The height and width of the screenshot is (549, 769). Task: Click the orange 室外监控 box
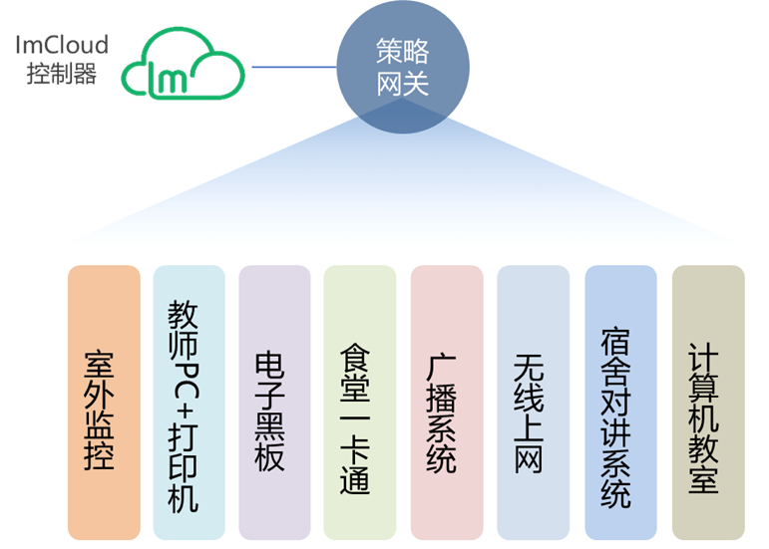(x=104, y=403)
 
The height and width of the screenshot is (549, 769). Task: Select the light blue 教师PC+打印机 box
(x=190, y=403)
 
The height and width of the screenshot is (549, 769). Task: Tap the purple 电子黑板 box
(x=274, y=403)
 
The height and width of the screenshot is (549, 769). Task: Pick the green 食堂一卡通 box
(x=360, y=403)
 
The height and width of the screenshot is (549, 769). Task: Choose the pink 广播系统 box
(x=446, y=403)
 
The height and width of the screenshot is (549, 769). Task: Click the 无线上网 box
(x=533, y=403)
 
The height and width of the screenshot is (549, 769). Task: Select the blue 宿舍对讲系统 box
(x=620, y=403)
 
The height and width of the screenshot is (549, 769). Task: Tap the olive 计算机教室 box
(x=708, y=403)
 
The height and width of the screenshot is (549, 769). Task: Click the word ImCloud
(x=61, y=44)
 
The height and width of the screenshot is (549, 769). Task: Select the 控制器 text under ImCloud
(x=61, y=74)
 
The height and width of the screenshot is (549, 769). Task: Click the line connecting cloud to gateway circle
(x=294, y=68)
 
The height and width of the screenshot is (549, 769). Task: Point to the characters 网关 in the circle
(x=403, y=85)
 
